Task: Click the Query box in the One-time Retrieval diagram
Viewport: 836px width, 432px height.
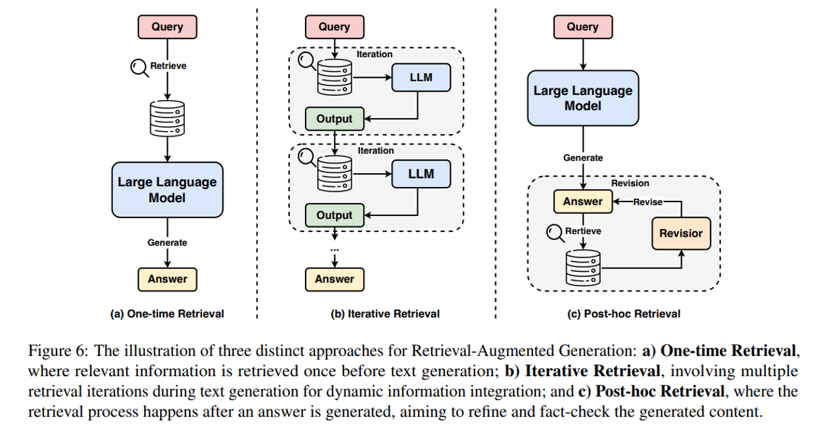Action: [x=167, y=27]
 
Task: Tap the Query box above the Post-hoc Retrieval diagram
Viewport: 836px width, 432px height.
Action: [x=582, y=27]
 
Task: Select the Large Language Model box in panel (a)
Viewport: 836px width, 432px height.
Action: [x=167, y=190]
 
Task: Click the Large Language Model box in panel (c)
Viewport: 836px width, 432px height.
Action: [x=582, y=99]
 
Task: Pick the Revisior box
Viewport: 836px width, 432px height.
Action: [x=681, y=233]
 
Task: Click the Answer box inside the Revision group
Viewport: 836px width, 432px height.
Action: [x=583, y=202]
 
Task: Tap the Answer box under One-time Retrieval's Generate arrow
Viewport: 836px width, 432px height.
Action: [x=167, y=279]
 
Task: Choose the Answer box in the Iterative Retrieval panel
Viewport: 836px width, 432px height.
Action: [x=335, y=279]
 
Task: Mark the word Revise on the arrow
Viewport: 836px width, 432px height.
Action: [x=647, y=202]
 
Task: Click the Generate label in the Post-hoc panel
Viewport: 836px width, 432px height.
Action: [x=582, y=157]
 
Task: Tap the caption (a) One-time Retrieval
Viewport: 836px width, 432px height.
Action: [x=167, y=313]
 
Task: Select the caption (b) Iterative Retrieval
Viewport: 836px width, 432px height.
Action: [x=385, y=313]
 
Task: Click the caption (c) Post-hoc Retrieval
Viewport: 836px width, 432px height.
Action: [x=623, y=313]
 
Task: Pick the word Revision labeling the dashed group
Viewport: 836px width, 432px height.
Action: [x=630, y=184]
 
